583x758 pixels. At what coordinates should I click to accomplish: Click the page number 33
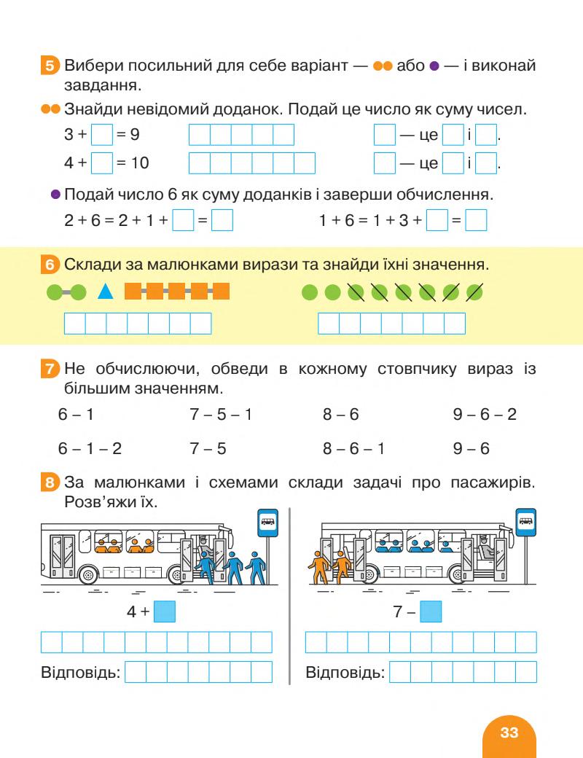tap(509, 732)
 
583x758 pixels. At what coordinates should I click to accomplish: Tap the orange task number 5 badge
tap(50, 67)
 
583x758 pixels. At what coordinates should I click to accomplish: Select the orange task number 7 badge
tap(50, 370)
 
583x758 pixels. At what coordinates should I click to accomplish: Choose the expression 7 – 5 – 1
tap(221, 415)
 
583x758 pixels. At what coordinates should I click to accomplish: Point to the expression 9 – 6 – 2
tap(485, 415)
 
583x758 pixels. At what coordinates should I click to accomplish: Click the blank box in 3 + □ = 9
tap(103, 135)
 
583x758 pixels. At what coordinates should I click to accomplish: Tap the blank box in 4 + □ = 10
tap(103, 163)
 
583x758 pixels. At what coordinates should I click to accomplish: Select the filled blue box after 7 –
tap(431, 612)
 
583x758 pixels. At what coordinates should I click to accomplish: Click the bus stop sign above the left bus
tap(268, 522)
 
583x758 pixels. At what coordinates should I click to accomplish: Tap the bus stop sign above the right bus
tap(525, 521)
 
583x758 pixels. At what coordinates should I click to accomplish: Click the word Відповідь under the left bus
tap(80, 671)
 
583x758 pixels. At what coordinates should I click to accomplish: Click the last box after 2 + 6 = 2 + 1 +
tap(222, 220)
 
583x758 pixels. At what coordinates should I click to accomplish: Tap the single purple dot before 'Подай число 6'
tap(55, 195)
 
